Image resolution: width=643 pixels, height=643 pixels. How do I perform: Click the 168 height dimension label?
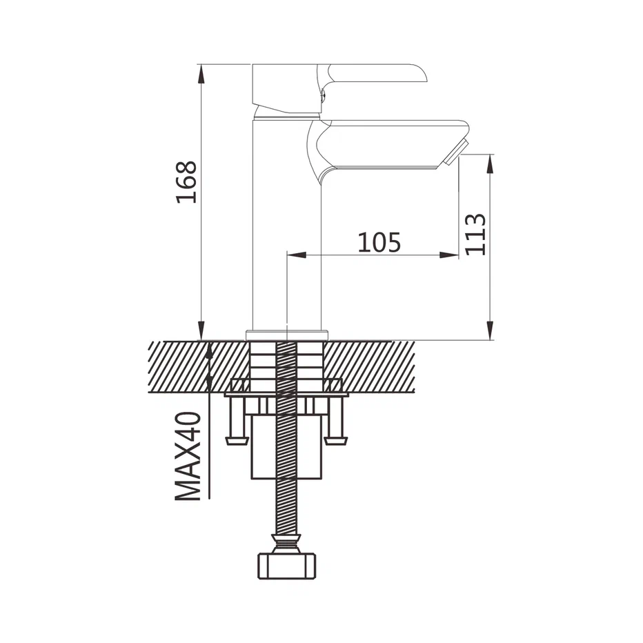[186, 182]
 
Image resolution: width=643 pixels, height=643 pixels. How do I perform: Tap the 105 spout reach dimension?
[379, 242]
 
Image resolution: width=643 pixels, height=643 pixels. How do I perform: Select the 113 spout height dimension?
[475, 235]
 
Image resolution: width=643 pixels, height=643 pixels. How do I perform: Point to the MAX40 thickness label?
[188, 456]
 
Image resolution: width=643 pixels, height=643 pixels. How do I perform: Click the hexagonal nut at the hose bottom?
[286, 566]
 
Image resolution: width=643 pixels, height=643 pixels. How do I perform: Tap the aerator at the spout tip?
[455, 152]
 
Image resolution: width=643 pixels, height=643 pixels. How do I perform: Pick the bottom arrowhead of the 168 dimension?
[201, 330]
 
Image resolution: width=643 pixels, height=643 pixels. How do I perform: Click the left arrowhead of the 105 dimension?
[297, 255]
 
